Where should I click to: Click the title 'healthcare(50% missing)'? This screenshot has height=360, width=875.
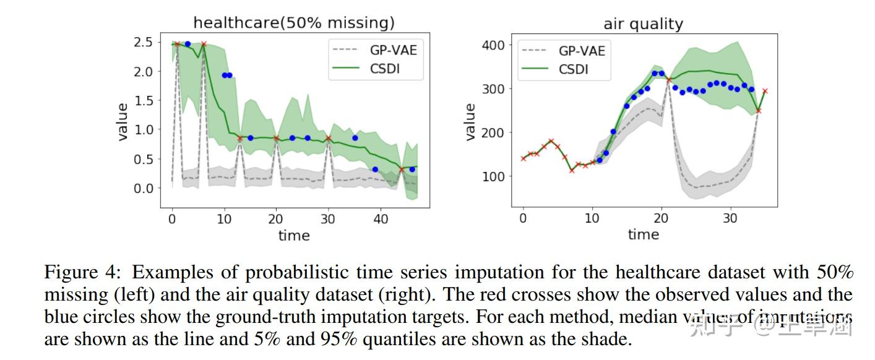294,23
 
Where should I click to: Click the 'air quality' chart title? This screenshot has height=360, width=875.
643,24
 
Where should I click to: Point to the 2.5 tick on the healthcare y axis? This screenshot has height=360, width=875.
144,42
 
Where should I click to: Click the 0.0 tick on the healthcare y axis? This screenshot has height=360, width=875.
144,188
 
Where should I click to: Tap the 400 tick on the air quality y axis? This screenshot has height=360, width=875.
493,45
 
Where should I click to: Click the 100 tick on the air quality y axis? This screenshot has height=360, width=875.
493,176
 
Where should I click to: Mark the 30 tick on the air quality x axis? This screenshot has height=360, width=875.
731,218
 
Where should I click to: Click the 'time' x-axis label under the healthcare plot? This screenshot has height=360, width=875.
294,235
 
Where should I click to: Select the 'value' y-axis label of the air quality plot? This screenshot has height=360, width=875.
470,122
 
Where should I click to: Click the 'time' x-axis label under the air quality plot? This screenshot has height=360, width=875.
643,234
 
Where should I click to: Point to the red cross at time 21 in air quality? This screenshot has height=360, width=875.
669,80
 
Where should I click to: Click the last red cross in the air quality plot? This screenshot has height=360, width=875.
765,91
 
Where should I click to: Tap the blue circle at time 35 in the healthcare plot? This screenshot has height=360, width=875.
355,138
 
